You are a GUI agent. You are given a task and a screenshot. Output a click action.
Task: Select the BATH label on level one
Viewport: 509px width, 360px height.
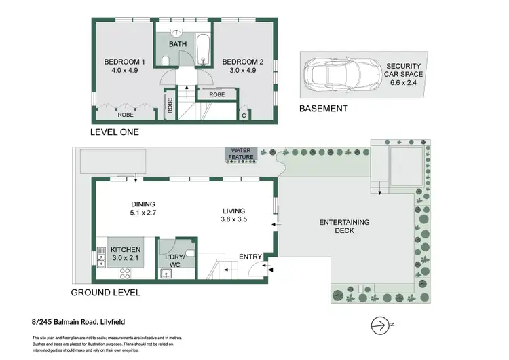(x=178, y=45)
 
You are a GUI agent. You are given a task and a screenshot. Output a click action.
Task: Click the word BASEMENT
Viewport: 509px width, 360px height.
(x=324, y=109)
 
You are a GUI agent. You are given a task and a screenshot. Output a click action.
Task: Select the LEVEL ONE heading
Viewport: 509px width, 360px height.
(x=115, y=132)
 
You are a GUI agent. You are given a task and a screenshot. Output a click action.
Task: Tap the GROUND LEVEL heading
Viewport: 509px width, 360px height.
(x=106, y=293)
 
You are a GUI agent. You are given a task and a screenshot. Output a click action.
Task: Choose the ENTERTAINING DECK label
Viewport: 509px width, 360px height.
(x=345, y=226)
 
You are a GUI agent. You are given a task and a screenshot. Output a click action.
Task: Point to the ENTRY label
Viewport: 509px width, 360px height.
(x=250, y=256)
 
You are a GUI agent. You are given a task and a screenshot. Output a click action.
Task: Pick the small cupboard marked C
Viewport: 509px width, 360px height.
(x=244, y=115)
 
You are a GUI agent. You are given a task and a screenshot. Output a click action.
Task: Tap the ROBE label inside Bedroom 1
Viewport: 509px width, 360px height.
(x=126, y=115)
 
